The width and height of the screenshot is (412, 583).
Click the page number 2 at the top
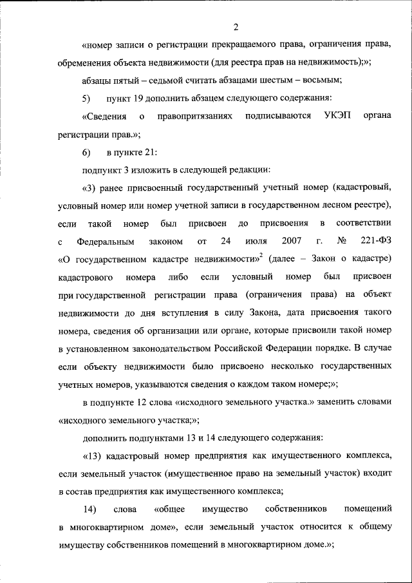point(236,26)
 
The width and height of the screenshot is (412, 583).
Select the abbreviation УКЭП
point(330,117)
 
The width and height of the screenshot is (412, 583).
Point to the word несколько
point(283,367)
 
